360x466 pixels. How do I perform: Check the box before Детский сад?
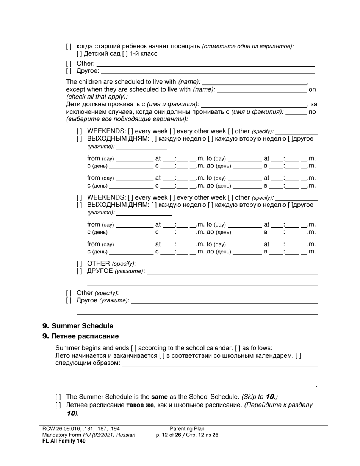click(x=79, y=54)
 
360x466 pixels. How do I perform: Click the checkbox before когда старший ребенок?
click(x=69, y=46)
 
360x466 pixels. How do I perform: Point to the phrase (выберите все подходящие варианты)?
click(x=127, y=119)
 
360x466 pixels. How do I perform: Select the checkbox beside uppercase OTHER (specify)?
click(x=79, y=263)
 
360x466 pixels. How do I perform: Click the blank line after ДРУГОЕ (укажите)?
click(x=232, y=271)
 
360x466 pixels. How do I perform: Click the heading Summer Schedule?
click(x=82, y=326)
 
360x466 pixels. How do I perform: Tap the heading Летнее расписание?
click(x=85, y=336)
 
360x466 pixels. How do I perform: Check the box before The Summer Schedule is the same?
click(x=58, y=397)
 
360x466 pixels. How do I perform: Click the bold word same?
click(x=159, y=397)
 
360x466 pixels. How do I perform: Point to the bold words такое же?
click(x=141, y=405)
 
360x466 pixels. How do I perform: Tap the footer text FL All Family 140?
click(x=64, y=441)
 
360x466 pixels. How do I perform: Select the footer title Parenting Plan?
click(x=187, y=429)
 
